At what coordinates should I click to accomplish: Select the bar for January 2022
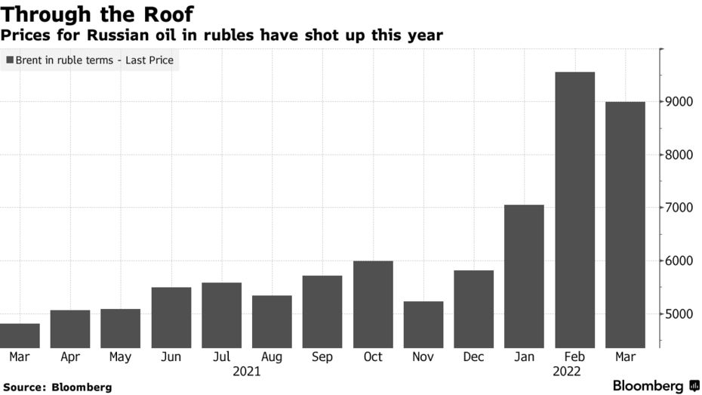524,276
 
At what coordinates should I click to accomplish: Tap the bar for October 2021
373,304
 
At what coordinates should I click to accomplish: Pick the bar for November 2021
423,325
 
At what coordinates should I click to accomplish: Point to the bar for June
171,317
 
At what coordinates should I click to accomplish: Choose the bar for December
474,309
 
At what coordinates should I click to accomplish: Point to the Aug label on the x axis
272,356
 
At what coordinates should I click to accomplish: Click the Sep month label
322,356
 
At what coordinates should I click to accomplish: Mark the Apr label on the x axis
70,356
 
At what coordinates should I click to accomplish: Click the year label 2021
247,371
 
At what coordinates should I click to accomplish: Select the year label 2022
567,371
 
